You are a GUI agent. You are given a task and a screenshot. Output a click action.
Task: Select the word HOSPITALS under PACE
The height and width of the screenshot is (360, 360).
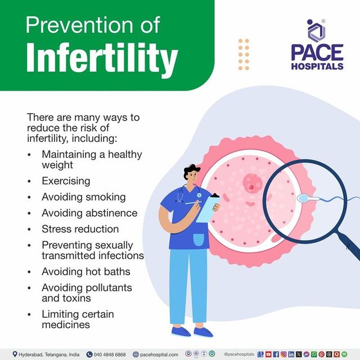tap(316, 66)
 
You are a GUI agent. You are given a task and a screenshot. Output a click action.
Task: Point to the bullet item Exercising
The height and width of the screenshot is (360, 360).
tap(66, 181)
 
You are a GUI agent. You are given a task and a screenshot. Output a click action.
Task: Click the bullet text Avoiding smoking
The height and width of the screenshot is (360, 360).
tap(83, 197)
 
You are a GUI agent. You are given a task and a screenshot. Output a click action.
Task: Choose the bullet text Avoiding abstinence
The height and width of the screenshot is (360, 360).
tap(89, 213)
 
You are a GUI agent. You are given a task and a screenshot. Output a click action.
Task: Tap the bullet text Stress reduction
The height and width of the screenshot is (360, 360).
tap(80, 229)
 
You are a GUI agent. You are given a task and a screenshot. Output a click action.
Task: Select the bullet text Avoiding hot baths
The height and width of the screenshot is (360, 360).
tap(85, 272)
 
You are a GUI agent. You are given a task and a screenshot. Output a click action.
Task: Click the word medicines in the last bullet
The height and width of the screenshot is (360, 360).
tap(65, 325)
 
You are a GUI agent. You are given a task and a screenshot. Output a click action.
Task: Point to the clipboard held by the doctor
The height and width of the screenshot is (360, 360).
tap(208, 207)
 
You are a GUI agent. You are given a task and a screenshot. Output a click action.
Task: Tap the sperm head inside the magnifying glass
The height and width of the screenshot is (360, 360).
tap(302, 200)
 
